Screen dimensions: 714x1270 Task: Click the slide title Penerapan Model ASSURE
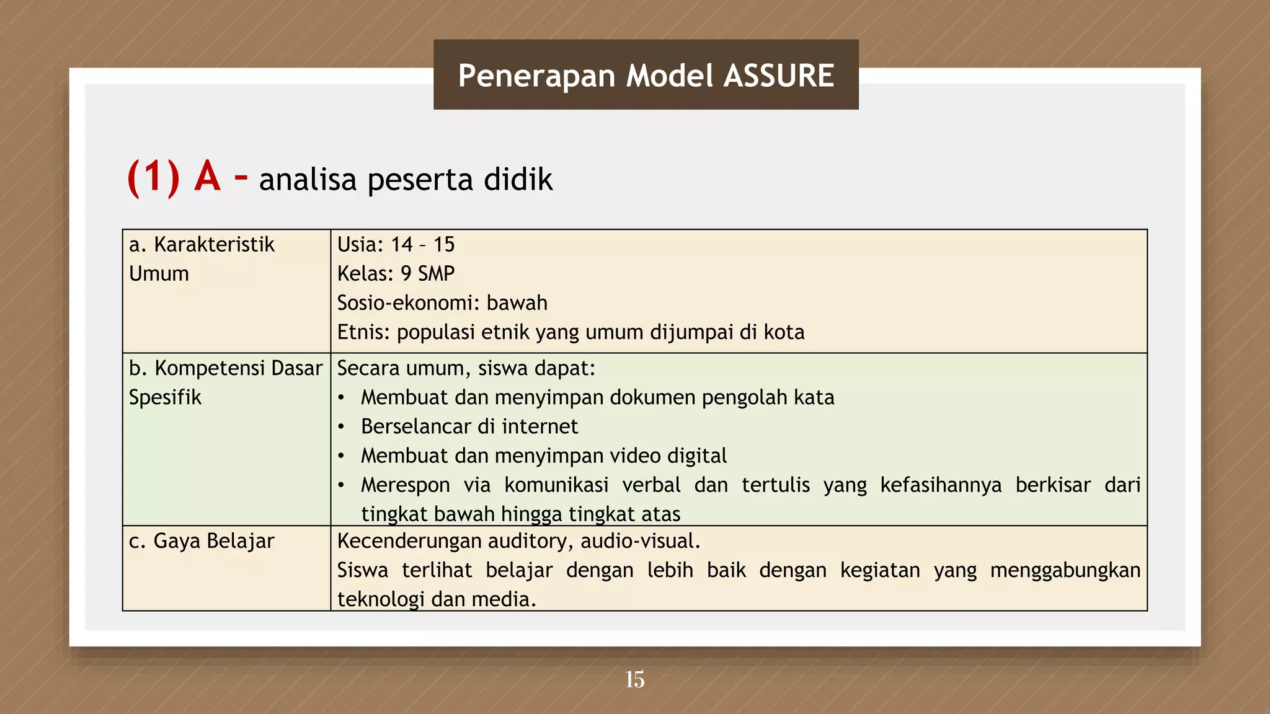646,76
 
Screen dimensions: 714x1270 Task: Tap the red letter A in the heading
207,177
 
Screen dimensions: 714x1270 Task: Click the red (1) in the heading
153,178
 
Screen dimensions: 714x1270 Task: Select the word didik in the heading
518,180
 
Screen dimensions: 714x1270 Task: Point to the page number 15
634,679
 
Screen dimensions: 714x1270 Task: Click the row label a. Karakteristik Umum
202,258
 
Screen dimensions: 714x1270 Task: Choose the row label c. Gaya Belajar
202,541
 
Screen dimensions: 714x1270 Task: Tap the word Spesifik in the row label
165,397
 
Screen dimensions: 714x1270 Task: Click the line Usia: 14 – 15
396,244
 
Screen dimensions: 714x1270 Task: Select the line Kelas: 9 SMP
396,273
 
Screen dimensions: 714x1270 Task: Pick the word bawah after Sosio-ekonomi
517,302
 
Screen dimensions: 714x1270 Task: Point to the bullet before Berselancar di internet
341,427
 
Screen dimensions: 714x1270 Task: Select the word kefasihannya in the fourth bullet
941,485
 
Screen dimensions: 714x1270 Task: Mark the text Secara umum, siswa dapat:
466,368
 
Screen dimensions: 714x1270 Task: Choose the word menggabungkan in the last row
1065,570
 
